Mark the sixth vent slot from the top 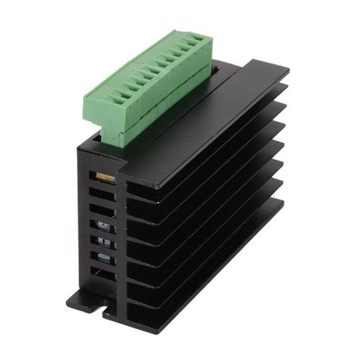click(105, 258)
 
